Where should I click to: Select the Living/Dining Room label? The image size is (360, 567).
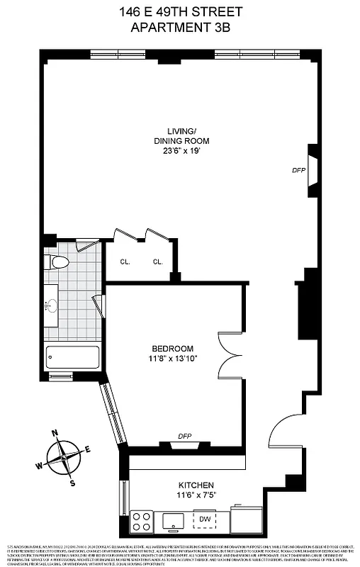click(x=188, y=135)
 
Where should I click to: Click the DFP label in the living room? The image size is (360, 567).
click(x=298, y=171)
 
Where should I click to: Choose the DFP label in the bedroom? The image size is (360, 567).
click(x=185, y=437)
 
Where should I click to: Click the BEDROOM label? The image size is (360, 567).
click(x=172, y=348)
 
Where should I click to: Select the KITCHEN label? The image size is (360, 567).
click(x=197, y=485)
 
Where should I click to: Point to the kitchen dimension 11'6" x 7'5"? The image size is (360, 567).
click(x=197, y=498)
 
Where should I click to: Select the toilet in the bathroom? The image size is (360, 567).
click(x=60, y=263)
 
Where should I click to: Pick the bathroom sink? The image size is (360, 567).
click(x=51, y=307)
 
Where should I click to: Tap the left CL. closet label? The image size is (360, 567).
click(x=125, y=262)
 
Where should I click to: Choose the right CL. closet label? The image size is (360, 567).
click(x=157, y=262)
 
